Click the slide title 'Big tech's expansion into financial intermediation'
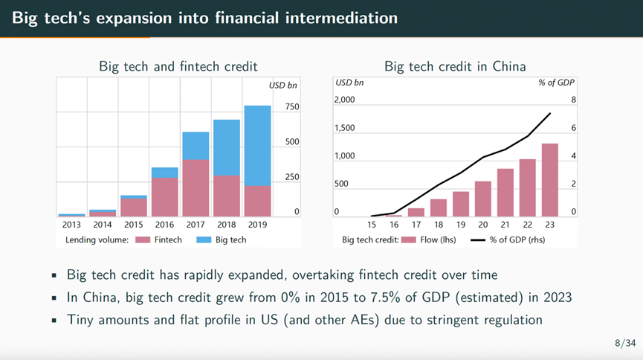click(204, 17)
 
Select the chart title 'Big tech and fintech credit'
click(178, 66)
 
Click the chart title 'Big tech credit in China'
click(455, 66)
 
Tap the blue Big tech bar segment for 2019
click(257, 146)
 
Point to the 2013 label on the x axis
click(71, 224)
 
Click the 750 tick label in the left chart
click(291, 107)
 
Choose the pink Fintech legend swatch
click(143, 240)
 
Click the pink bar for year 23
click(549, 179)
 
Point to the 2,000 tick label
click(346, 99)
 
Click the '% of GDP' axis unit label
click(557, 82)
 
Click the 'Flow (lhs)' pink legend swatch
click(407, 240)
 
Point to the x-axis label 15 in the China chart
click(372, 224)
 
